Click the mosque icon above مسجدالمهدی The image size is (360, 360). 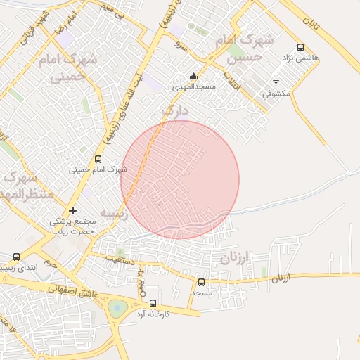[193, 77]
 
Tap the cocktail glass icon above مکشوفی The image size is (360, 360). [275, 82]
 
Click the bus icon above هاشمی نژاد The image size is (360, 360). [301, 48]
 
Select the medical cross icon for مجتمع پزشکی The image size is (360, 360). [72, 210]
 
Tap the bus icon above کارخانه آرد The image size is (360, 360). [153, 303]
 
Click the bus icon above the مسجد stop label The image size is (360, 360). [201, 282]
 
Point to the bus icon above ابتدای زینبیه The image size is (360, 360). [17, 257]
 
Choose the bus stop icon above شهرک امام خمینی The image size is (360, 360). [98, 159]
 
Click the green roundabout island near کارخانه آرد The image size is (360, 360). [117, 307]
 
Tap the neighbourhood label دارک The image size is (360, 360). [174, 110]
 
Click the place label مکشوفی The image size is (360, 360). [276, 93]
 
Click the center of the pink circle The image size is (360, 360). [180, 179]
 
